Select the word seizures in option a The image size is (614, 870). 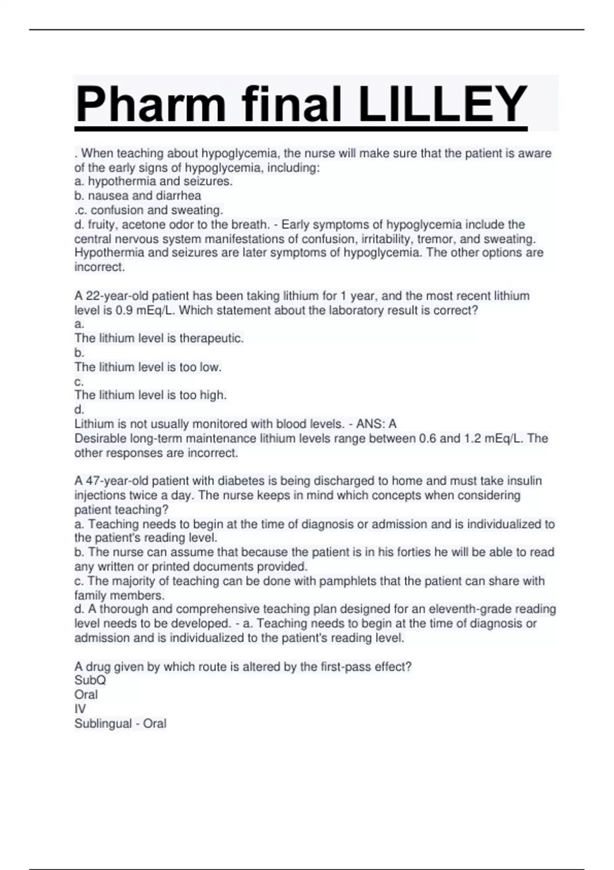point(207,181)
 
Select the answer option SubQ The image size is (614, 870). point(90,680)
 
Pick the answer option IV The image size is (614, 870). point(80,709)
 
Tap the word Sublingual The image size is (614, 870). point(103,723)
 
